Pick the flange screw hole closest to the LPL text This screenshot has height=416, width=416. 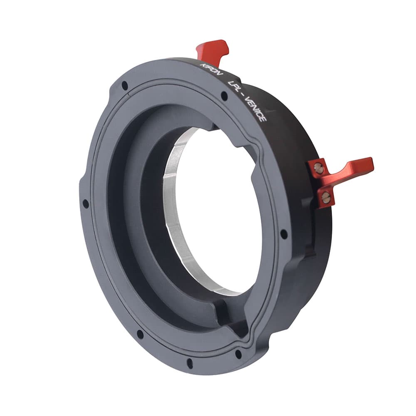click(x=224, y=95)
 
